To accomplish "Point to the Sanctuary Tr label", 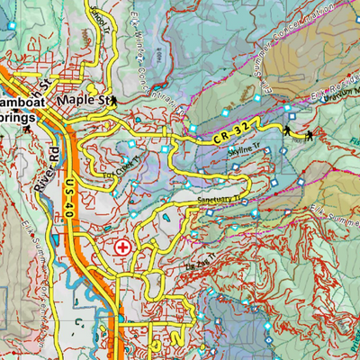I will pos(220,198).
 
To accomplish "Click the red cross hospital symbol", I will pos(122,245).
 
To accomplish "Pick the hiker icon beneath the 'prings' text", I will pos(26,132).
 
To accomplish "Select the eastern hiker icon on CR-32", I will pos(309,135).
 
